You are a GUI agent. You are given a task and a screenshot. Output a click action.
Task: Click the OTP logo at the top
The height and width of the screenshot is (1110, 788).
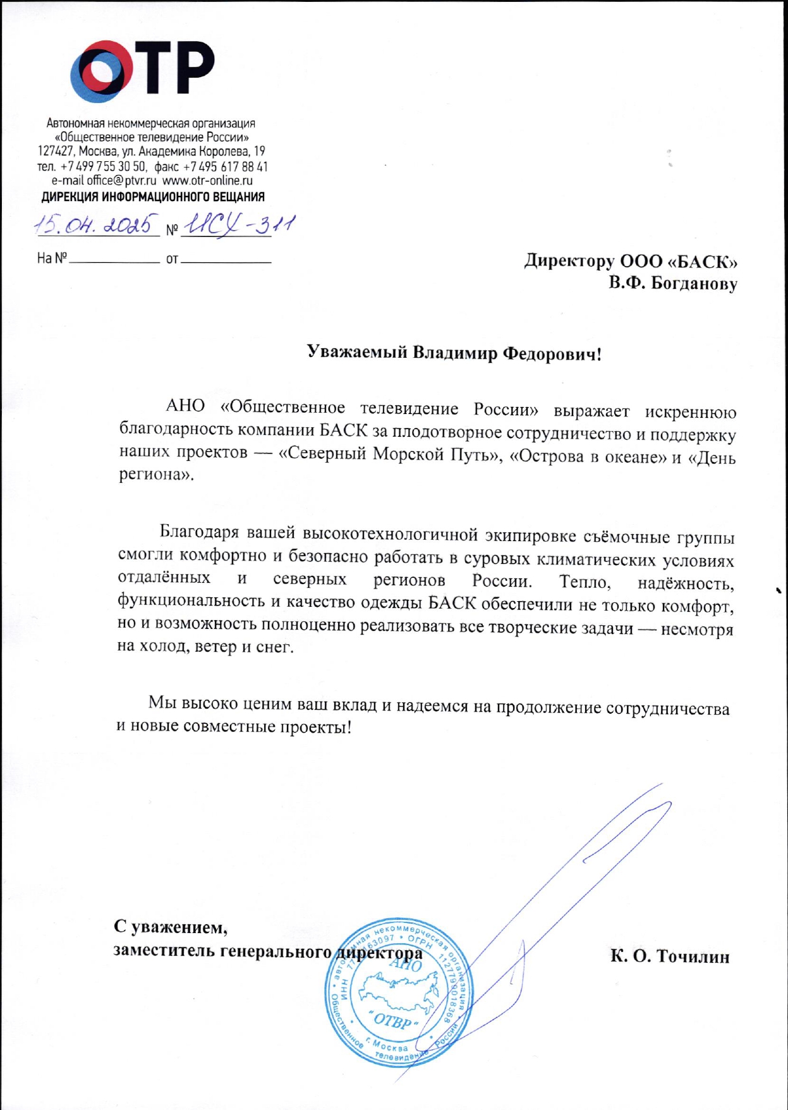pyautogui.click(x=143, y=71)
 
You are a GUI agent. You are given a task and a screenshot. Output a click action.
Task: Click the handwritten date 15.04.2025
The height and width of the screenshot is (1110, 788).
pyautogui.click(x=97, y=225)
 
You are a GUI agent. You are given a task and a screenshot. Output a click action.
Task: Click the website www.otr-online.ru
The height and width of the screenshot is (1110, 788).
pyautogui.click(x=207, y=181)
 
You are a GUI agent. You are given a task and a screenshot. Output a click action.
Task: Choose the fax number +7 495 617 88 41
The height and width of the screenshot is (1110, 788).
pyautogui.click(x=225, y=167)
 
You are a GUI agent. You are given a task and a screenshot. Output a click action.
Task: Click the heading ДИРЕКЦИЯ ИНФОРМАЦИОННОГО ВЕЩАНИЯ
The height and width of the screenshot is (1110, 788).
pyautogui.click(x=153, y=197)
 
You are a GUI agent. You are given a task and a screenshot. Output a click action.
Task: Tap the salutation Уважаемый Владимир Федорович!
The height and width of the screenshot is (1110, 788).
pyautogui.click(x=454, y=353)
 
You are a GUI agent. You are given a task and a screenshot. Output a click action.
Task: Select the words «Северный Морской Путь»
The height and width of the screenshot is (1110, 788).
pyautogui.click(x=386, y=454)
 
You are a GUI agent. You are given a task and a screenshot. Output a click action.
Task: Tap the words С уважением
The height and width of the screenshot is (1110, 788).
pyautogui.click(x=170, y=927)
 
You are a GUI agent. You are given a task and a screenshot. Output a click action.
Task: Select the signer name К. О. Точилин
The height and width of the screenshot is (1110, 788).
pyautogui.click(x=669, y=956)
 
